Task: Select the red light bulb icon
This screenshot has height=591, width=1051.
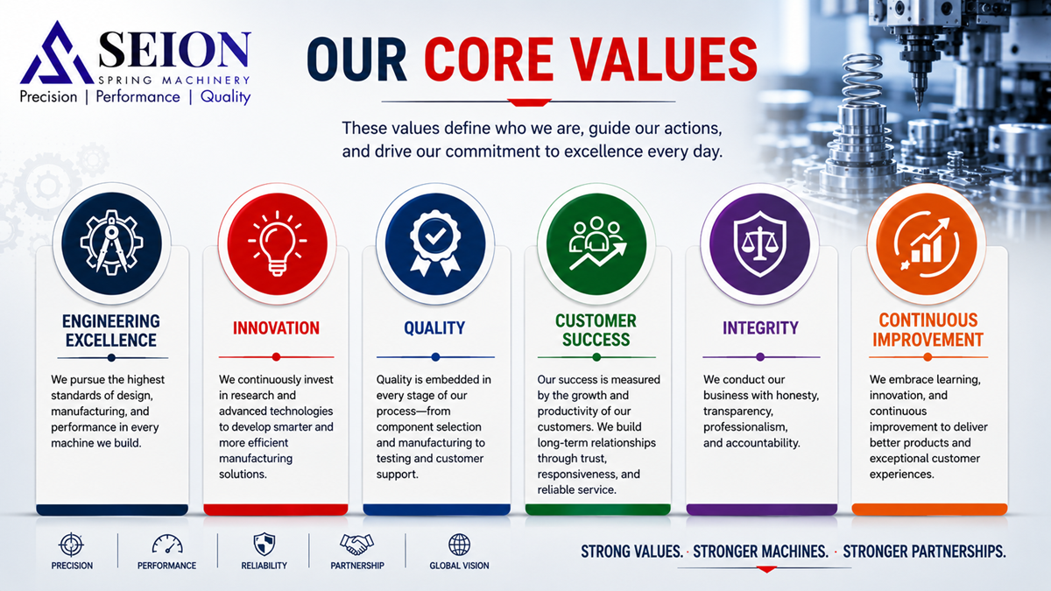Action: coord(278,243)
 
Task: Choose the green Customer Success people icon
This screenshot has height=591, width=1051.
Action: coord(596,243)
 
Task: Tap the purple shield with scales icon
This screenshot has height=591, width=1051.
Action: coord(760,243)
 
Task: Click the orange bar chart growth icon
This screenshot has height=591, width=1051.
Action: coord(927,244)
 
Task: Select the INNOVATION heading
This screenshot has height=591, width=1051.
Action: coord(277,327)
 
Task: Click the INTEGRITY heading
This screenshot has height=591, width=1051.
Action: coord(760,327)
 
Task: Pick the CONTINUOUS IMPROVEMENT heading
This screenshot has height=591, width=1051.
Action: coord(928,330)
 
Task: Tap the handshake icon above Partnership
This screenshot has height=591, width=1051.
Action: coord(357,545)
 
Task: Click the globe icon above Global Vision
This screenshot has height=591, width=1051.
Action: coord(459,545)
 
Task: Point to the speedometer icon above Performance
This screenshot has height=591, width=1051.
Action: coord(167,545)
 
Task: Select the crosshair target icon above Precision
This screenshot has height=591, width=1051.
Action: coord(71,545)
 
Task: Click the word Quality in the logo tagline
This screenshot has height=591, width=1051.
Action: coord(226,97)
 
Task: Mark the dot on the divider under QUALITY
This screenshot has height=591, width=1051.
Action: coord(435,357)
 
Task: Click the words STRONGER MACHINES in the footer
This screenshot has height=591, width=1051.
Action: coord(760,552)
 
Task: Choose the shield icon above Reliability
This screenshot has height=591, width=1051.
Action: coord(265,545)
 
